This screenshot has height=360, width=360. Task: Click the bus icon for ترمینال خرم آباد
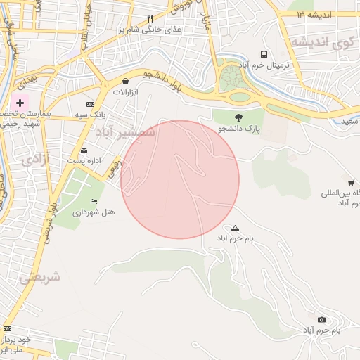(264, 54)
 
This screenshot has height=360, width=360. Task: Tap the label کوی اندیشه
(321, 42)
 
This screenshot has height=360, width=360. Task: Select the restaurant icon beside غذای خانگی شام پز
(150, 18)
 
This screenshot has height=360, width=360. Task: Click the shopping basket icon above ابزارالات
(125, 81)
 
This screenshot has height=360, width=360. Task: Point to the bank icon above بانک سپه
(89, 104)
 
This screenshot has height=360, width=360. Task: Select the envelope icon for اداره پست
(84, 150)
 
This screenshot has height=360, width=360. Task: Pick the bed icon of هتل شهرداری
(94, 201)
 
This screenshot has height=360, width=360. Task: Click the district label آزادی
(35, 159)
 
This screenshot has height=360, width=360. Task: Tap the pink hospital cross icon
(20, 103)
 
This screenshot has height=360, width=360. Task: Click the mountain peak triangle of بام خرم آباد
(235, 228)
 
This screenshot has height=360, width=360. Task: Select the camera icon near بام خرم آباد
(322, 320)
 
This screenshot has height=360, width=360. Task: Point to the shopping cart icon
(351, 183)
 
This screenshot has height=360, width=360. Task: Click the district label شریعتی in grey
(39, 277)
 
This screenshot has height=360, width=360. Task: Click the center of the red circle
(180, 179)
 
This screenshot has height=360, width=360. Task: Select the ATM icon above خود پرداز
(7, 328)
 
